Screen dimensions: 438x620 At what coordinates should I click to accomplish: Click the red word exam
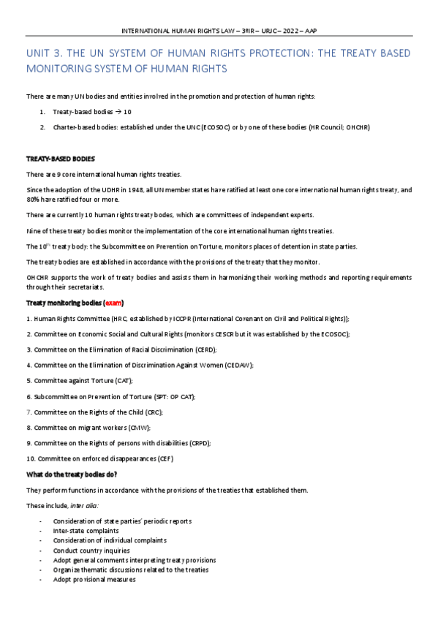point(113,303)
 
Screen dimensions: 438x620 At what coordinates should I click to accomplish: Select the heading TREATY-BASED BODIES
point(60,159)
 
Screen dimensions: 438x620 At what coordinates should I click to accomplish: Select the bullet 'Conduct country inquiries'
point(91,550)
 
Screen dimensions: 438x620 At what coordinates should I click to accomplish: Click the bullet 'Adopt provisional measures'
point(94,579)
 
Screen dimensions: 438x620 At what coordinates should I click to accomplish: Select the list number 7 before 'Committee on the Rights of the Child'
point(28,412)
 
